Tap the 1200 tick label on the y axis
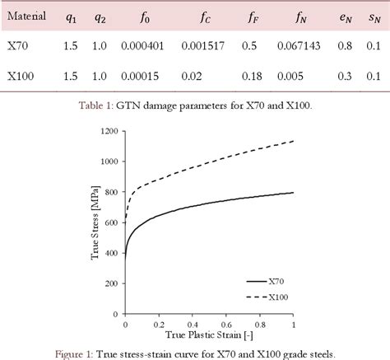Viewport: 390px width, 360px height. click(110, 131)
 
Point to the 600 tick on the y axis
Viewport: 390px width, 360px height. click(114, 218)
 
